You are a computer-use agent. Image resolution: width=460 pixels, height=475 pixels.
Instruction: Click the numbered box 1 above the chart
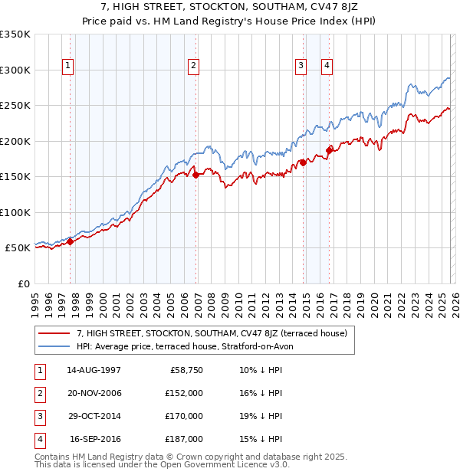tap(69, 67)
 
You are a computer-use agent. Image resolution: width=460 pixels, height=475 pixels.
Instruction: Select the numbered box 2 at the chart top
tap(194, 67)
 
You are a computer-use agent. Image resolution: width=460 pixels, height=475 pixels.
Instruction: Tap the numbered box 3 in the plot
tap(301, 67)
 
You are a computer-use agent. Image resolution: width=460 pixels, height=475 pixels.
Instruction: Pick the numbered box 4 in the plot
tap(327, 67)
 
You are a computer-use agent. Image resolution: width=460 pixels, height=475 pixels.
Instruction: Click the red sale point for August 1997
tap(71, 241)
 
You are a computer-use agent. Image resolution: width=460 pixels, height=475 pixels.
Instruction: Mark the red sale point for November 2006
tap(195, 175)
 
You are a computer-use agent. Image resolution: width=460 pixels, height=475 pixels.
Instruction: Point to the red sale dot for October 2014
tap(303, 162)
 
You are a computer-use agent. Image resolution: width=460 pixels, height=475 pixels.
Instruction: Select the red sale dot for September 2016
tap(329, 150)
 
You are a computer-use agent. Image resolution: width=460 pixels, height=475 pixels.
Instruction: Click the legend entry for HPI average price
tap(185, 346)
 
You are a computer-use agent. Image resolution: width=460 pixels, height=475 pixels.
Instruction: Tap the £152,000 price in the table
tap(184, 392)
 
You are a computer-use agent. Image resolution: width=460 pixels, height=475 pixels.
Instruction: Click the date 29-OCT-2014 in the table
tap(94, 416)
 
